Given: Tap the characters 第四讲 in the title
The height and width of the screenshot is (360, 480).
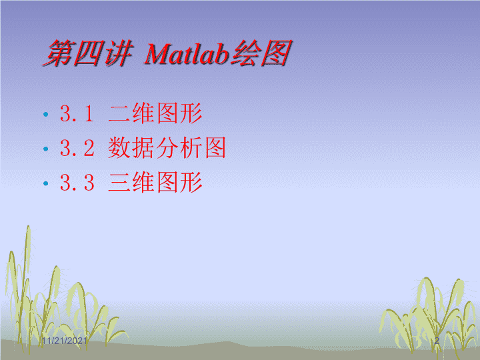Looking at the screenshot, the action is [x=88, y=53].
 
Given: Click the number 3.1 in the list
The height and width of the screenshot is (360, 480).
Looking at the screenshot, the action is [x=77, y=113].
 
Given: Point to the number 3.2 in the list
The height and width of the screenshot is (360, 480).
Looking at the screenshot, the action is [x=77, y=148].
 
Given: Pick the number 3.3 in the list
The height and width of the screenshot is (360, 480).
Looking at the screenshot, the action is [x=77, y=183].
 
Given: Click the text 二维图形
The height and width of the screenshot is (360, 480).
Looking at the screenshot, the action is [x=155, y=113].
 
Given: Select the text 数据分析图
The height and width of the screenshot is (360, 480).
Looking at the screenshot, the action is [x=167, y=148].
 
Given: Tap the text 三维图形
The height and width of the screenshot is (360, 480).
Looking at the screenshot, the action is [x=155, y=183].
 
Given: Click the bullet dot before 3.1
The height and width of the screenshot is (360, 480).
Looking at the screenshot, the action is [x=46, y=115].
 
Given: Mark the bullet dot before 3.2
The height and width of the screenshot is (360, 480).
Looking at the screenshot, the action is [x=46, y=149].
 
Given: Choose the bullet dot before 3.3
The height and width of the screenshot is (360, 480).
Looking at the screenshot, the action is [x=46, y=184].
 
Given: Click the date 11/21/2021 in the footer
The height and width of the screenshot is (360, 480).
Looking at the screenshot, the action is [x=64, y=341].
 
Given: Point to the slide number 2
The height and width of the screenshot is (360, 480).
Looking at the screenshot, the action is [x=437, y=341].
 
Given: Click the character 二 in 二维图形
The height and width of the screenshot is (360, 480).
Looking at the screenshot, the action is [x=119, y=114].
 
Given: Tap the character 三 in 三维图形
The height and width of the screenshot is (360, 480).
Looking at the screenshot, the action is [x=119, y=183].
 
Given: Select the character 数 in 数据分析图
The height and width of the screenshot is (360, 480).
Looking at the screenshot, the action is [x=119, y=148].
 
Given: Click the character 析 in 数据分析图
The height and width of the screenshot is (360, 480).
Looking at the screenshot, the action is [x=191, y=148].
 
